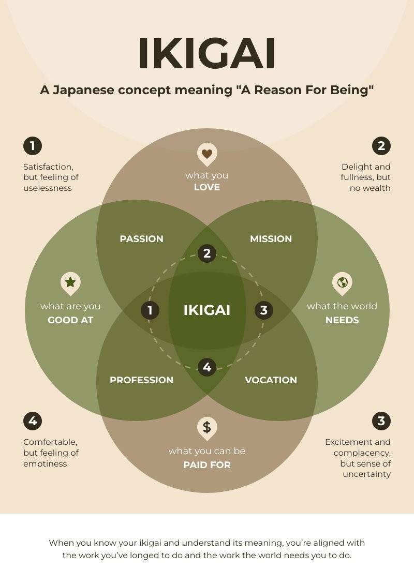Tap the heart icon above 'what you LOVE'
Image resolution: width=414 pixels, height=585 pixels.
(207, 154)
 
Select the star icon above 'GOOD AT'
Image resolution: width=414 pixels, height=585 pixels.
(70, 282)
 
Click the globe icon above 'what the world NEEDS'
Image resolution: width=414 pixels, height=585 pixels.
(342, 282)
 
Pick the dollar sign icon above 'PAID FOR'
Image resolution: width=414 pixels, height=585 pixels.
(207, 427)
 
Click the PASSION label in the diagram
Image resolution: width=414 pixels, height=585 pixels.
(141, 239)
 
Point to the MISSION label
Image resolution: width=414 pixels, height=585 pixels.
(271, 239)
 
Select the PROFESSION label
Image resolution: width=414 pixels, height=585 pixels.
(141, 380)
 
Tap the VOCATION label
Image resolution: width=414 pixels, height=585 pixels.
(271, 380)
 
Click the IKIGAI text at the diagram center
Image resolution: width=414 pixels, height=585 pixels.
(207, 310)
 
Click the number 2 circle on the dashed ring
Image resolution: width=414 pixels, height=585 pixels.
(207, 253)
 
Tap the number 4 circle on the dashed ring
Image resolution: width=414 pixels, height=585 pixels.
(207, 367)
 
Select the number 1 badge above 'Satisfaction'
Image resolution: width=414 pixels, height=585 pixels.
(33, 146)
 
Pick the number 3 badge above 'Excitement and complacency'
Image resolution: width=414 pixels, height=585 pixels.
(381, 421)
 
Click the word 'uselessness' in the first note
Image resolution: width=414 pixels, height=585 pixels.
(48, 188)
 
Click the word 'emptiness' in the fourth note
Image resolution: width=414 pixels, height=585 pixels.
(45, 464)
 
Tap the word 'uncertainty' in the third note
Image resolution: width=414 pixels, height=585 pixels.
(366, 474)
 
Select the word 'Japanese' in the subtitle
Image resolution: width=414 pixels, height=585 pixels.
(85, 90)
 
